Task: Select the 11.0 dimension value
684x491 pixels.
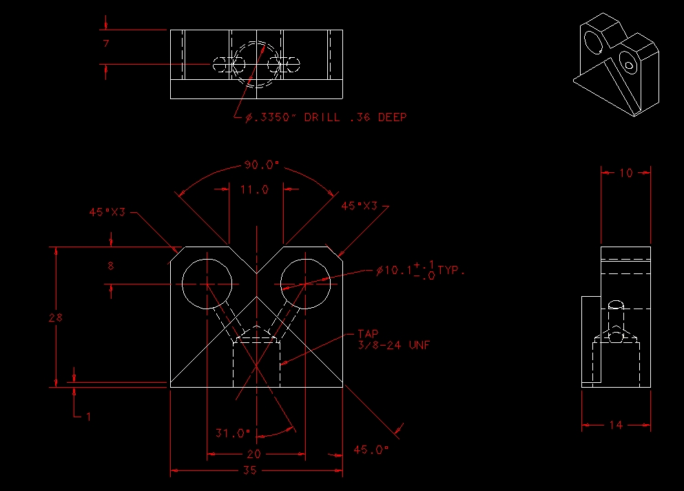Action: tap(254, 189)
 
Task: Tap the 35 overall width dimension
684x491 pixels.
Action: tap(249, 470)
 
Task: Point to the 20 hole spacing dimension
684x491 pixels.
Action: tap(253, 454)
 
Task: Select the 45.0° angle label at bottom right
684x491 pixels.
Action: tap(371, 450)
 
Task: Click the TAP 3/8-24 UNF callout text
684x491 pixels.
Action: tap(393, 339)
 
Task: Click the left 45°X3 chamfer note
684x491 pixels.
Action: tap(107, 212)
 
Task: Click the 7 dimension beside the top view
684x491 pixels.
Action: tap(106, 44)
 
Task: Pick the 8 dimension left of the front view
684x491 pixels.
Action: tap(111, 265)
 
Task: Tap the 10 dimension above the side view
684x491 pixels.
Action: tap(625, 173)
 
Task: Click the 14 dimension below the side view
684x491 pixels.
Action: tap(616, 425)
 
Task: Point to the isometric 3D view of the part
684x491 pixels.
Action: tap(616, 65)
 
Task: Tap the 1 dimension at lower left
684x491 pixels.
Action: tap(87, 416)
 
